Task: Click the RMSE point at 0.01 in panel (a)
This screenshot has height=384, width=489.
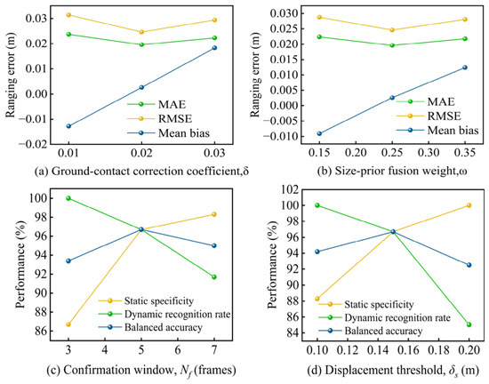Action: tap(68, 14)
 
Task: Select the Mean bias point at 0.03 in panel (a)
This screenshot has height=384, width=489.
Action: tap(214, 48)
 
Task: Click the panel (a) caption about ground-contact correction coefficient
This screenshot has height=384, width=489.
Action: tap(141, 172)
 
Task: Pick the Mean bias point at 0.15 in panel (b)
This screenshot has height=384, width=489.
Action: tap(319, 133)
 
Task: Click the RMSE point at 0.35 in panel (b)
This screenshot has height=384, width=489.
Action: tap(465, 20)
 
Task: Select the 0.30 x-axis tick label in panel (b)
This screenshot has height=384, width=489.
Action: tap(429, 153)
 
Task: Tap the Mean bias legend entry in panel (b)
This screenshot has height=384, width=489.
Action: tap(437, 130)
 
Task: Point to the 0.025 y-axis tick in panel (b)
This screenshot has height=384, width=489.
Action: tap(282, 28)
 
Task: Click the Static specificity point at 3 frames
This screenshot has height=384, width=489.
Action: tap(68, 324)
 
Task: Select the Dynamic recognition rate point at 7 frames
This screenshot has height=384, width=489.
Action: tap(214, 276)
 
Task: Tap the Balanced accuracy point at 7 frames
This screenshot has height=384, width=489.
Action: tap(214, 245)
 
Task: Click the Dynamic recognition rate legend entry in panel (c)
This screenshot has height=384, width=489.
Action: tap(164, 314)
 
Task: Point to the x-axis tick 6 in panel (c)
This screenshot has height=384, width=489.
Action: tap(178, 350)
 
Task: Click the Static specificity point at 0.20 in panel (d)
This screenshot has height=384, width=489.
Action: tap(469, 205)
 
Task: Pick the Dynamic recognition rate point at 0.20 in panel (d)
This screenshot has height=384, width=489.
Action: tap(469, 324)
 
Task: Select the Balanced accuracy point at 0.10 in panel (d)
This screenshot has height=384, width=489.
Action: tap(317, 252)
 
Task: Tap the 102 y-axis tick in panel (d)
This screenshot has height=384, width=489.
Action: tap(290, 189)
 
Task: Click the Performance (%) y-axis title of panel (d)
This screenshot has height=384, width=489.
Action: tap(273, 264)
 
